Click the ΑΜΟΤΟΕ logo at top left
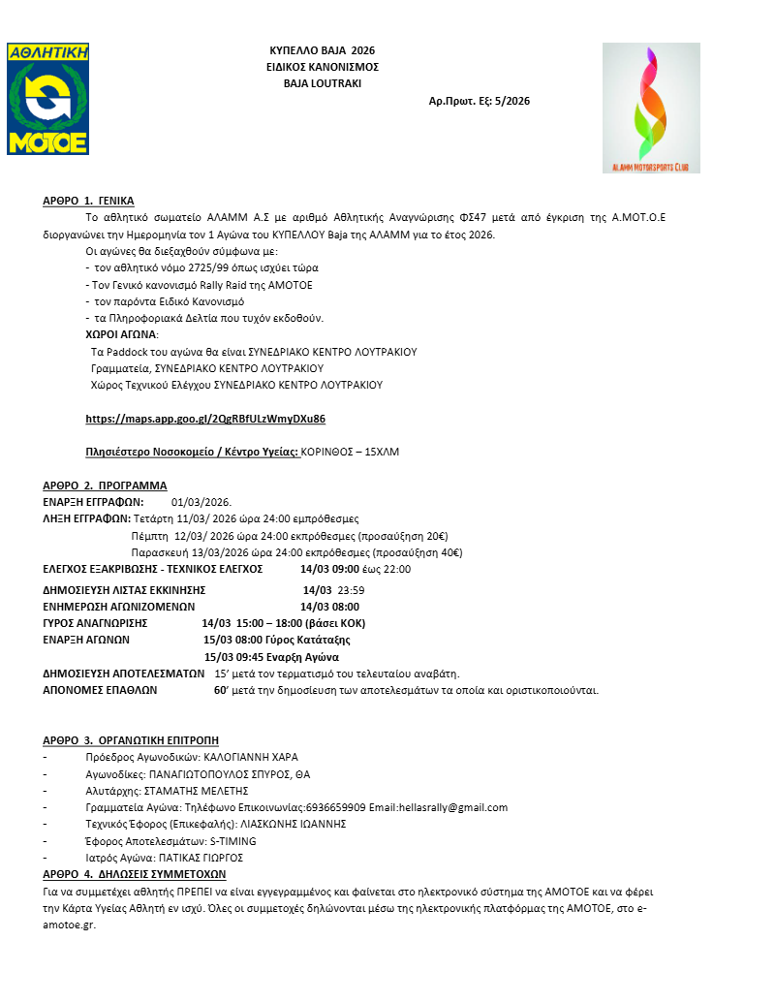click(x=47, y=98)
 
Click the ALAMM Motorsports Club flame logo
click(x=651, y=108)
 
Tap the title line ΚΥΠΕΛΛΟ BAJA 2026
click(x=322, y=49)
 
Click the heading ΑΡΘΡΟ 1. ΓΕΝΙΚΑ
click(x=88, y=201)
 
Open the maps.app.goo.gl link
click(x=205, y=419)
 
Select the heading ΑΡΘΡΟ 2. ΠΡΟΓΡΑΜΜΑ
click(x=105, y=486)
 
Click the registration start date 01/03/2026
click(x=201, y=502)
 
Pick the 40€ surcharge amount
click(x=450, y=552)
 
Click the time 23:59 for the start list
click(x=352, y=589)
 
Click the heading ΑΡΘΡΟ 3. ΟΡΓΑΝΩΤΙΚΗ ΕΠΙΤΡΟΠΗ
click(x=131, y=741)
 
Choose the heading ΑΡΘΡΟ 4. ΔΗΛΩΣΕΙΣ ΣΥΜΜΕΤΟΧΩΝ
click(x=134, y=874)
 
